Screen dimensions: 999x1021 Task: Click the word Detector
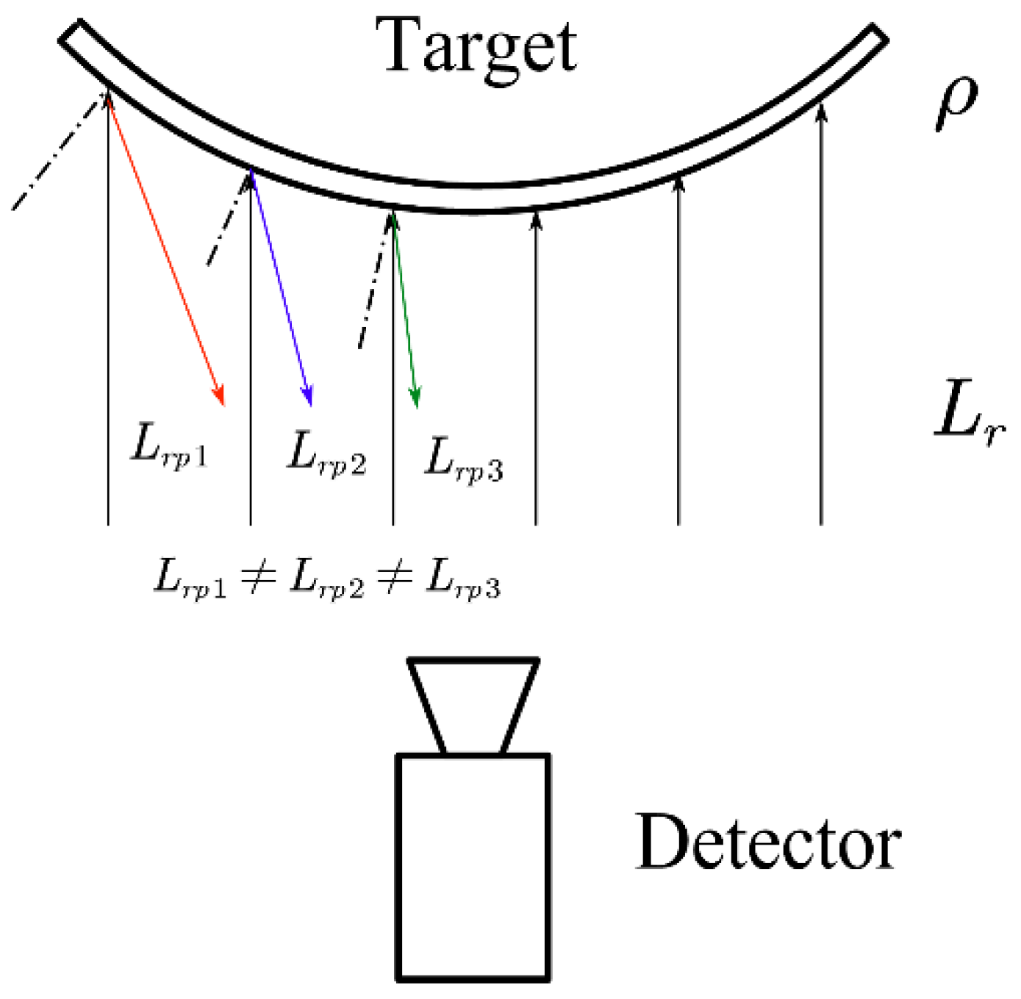(767, 843)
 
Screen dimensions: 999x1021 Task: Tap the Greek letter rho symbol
(956, 103)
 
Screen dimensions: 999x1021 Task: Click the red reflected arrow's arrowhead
(219, 397)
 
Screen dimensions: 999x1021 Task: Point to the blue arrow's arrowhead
(309, 398)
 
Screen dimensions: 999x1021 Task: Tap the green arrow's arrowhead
(416, 399)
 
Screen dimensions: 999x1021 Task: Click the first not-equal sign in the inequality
(258, 576)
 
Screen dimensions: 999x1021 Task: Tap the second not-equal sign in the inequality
(395, 578)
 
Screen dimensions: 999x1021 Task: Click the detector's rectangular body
(473, 867)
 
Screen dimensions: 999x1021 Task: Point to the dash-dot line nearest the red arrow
(59, 151)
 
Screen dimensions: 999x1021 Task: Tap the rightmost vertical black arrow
(821, 316)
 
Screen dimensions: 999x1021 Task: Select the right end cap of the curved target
(878, 37)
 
